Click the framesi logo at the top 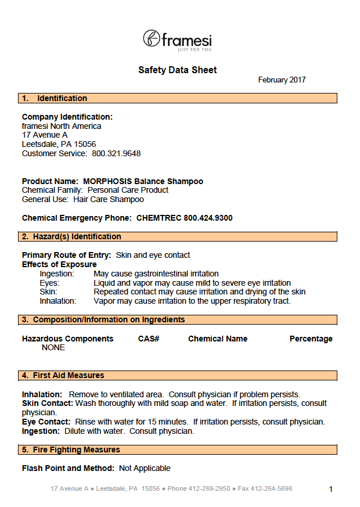pos(177,39)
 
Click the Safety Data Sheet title pos(177,70)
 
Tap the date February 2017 pos(282,80)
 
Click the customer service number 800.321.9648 pos(116,154)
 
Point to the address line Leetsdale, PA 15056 pos(59,145)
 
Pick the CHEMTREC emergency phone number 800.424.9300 pos(208,218)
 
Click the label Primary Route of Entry pos(67,256)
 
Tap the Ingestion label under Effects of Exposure pos(57,274)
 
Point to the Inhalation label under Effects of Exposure pos(58,301)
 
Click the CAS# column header pos(149,339)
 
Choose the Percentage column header pos(311,339)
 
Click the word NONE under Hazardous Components pos(53,348)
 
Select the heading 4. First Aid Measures pos(63,376)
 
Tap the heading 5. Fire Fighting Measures pos(71,450)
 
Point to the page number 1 pos(331,490)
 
